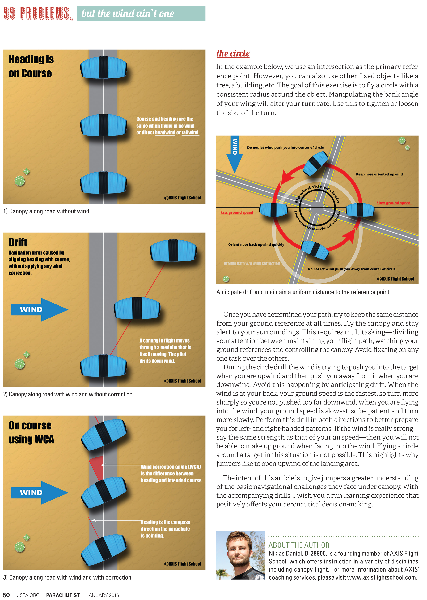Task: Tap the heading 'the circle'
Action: pos(233,53)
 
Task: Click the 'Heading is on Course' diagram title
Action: pos(31,66)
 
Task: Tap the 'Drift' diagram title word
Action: pos(18,242)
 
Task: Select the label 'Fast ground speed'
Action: pos(236,212)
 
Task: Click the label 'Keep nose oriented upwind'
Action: pos(379,174)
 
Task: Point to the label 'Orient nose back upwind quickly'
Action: pos(256,245)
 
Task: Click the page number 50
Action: pos(6,595)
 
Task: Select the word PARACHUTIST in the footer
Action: pos(63,595)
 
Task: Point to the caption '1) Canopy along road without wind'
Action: pos(46,211)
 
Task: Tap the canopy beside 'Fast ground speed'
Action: pos(273,210)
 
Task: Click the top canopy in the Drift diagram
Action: pos(173,250)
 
